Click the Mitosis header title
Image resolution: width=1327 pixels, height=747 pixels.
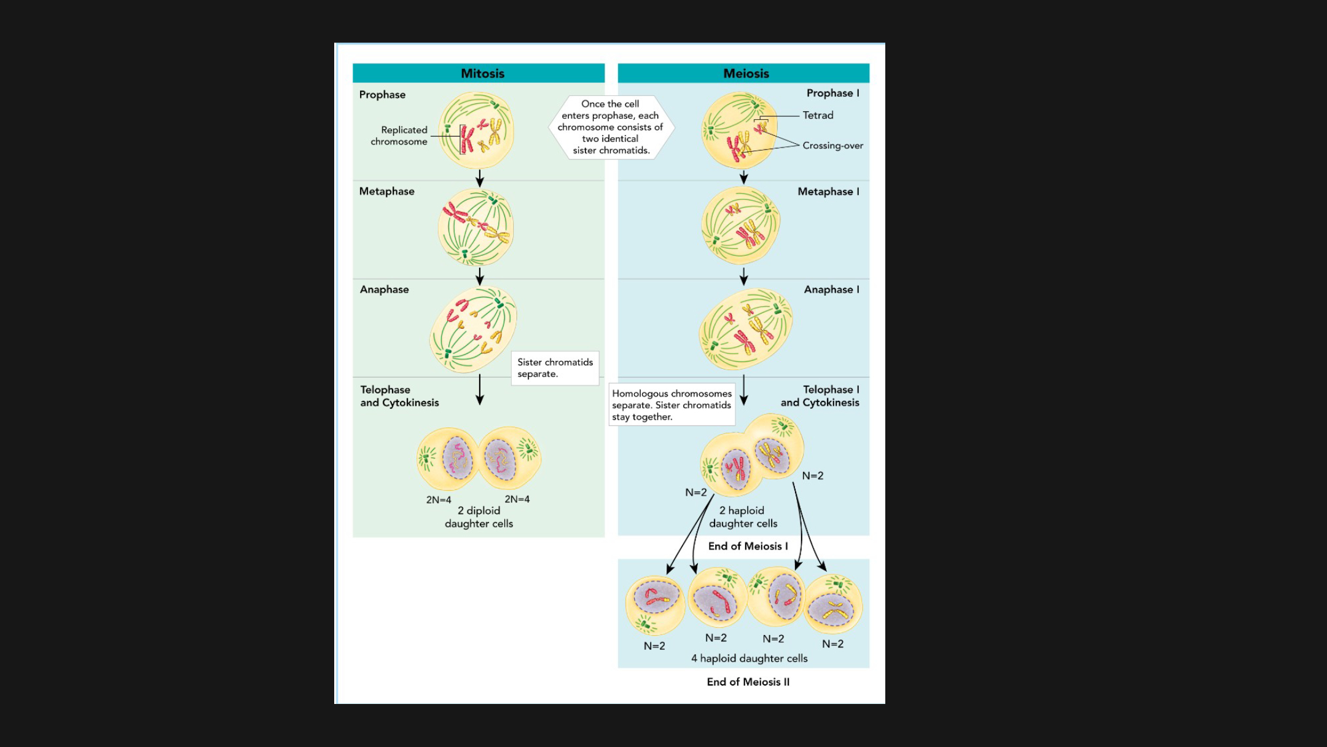(x=482, y=73)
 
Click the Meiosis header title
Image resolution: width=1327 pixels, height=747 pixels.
(x=746, y=73)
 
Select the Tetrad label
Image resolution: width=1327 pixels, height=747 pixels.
(x=818, y=115)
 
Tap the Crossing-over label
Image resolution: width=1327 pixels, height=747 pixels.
(x=832, y=146)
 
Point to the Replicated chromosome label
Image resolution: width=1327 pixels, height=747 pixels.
(x=399, y=135)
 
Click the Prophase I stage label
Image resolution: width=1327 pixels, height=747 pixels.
(x=832, y=93)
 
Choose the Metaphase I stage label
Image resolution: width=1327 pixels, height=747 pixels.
(x=828, y=191)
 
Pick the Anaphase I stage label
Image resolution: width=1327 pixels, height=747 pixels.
(x=831, y=289)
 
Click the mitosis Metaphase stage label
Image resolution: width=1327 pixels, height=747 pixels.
(x=386, y=191)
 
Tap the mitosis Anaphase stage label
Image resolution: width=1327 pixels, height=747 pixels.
(x=384, y=289)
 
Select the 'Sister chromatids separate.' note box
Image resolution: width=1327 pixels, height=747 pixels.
(x=555, y=368)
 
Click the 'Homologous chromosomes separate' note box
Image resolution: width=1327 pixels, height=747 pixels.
(x=671, y=405)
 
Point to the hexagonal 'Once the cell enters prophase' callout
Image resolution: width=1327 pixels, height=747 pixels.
(x=611, y=127)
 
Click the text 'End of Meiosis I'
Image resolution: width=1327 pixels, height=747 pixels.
(x=748, y=546)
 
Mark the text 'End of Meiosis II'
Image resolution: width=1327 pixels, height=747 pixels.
(x=748, y=682)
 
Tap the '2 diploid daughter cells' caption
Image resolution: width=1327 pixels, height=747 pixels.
(x=479, y=517)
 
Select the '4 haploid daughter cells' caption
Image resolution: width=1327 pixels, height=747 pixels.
(x=749, y=658)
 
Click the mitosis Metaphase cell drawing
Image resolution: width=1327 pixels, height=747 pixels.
(x=476, y=227)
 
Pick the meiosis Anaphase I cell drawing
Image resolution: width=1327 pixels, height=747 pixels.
(x=745, y=329)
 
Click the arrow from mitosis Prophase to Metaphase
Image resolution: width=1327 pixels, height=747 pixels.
(x=480, y=178)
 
